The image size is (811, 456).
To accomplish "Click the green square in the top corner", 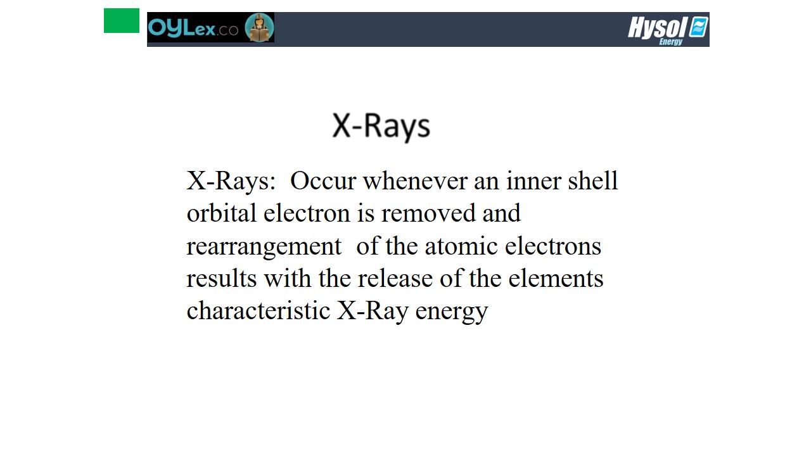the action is tap(122, 21).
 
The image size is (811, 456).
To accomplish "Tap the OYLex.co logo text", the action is tap(193, 28).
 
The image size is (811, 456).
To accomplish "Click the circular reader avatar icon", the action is tap(259, 27).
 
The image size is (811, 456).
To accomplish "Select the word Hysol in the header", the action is tap(657, 27).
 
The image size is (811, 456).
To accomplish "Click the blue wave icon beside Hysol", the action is tap(698, 27).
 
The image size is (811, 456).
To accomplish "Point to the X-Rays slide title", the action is tap(381, 126).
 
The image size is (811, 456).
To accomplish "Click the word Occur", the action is tap(323, 180).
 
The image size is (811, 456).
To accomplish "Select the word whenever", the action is tap(415, 180).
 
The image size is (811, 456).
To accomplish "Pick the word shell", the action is tap(592, 180).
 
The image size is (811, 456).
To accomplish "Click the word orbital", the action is tap(222, 213).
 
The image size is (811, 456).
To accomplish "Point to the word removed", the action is tap(428, 213).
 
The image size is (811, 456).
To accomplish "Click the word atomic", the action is tap(461, 246).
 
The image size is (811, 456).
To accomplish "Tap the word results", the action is tap(222, 278).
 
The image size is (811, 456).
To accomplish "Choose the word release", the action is tap(395, 278).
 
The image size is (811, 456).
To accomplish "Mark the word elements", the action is tap(556, 278).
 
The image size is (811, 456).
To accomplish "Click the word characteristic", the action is tap(259, 310).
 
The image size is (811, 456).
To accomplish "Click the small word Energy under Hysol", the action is tap(671, 42).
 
